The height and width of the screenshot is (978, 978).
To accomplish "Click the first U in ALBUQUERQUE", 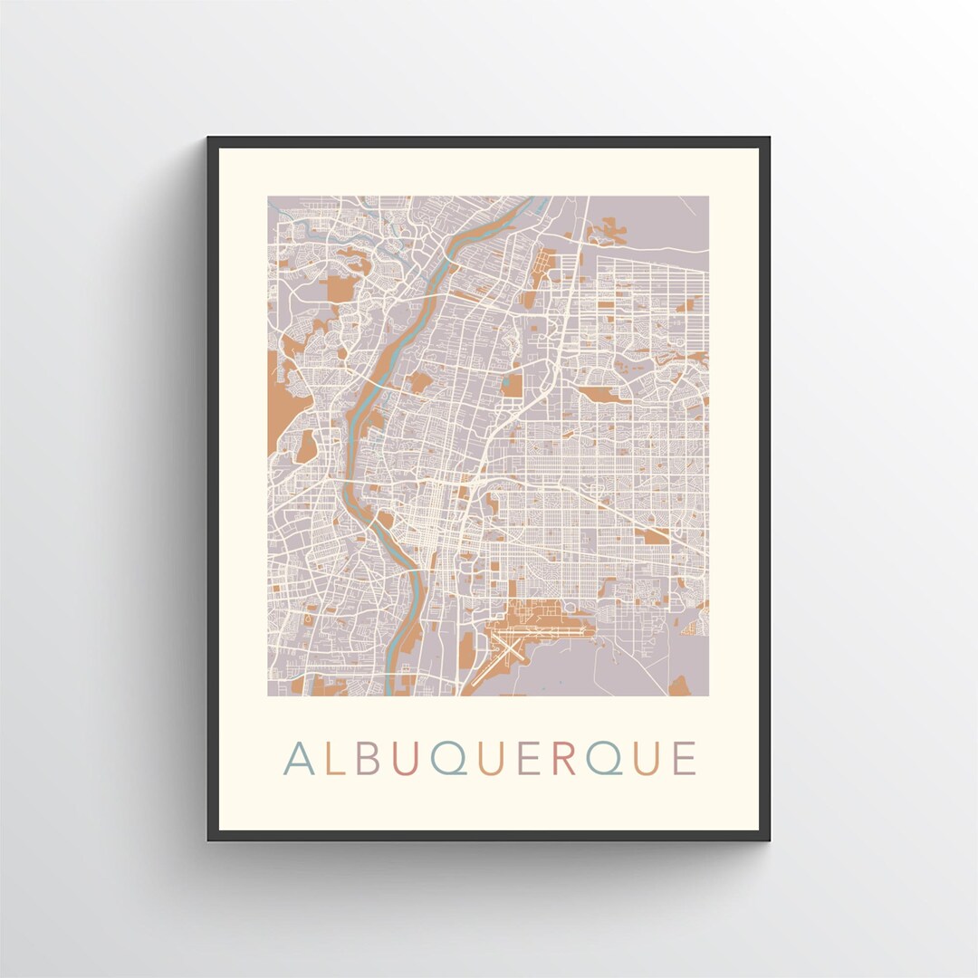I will (x=404, y=759).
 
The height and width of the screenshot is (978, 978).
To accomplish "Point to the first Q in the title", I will (x=446, y=759).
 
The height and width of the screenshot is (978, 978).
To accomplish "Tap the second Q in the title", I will (x=604, y=759).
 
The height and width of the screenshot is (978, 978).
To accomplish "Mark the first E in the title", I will (x=528, y=759).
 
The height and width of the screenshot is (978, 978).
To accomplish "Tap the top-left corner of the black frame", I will (x=209, y=139).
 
